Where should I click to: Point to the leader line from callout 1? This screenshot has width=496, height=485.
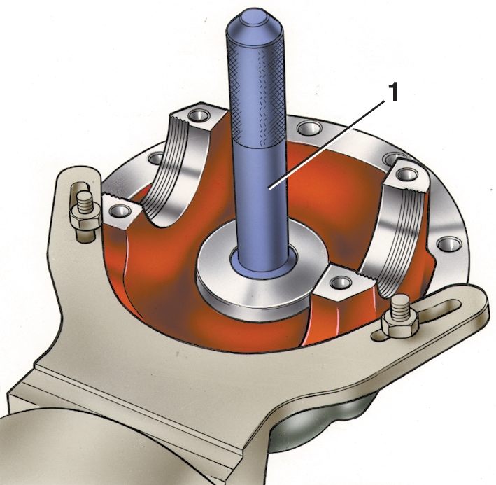[x=327, y=145]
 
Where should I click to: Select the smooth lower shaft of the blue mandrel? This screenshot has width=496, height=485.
[x=261, y=206]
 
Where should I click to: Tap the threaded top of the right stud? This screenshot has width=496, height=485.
[x=400, y=307]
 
